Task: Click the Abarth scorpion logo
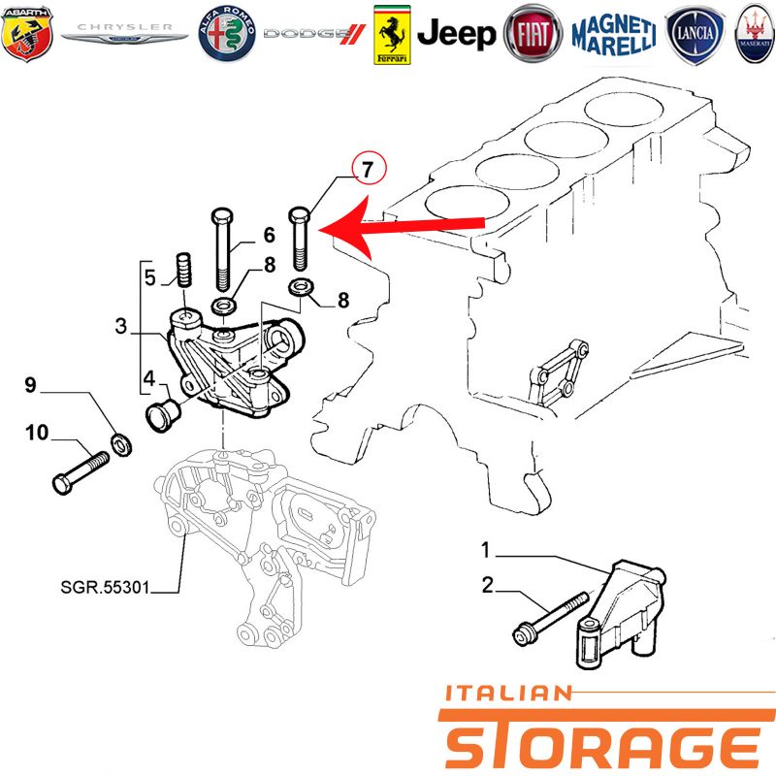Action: pyautogui.click(x=27, y=33)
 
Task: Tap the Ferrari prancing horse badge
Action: pyautogui.click(x=392, y=35)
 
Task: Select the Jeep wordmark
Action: pyautogui.click(x=456, y=34)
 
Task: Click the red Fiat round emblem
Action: pyautogui.click(x=533, y=34)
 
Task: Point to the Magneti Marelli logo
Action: pyautogui.click(x=614, y=35)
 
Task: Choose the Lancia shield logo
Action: pyautogui.click(x=695, y=34)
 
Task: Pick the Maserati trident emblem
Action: pyautogui.click(x=755, y=34)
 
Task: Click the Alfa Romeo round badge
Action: pyautogui.click(x=227, y=34)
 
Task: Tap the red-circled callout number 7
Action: pyautogui.click(x=369, y=169)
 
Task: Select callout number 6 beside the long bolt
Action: pyautogui.click(x=269, y=235)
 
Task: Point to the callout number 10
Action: pyautogui.click(x=37, y=432)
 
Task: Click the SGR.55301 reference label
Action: pyautogui.click(x=105, y=587)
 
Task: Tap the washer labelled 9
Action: pyautogui.click(x=120, y=444)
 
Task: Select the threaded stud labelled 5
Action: pyautogui.click(x=184, y=270)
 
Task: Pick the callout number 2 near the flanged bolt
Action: pyautogui.click(x=488, y=585)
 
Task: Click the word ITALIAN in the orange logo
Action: pyautogui.click(x=507, y=693)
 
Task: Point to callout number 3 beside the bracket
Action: pyautogui.click(x=120, y=326)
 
